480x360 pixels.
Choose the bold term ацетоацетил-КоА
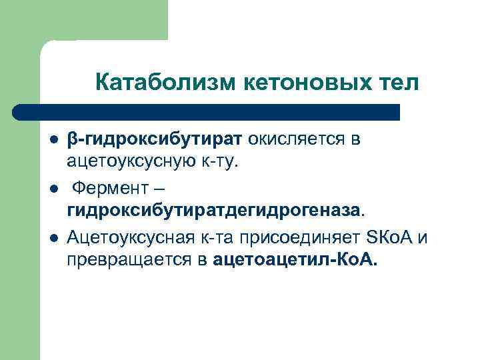(x=295, y=258)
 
